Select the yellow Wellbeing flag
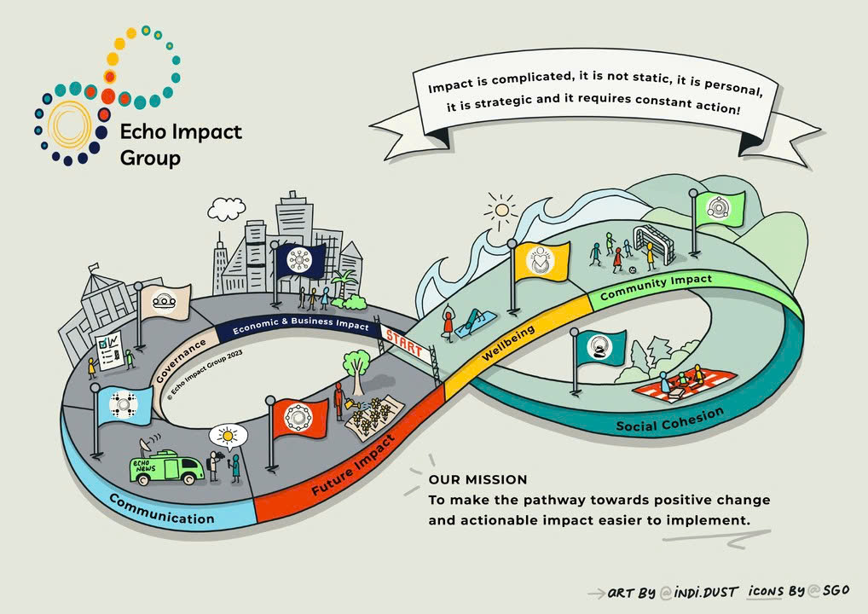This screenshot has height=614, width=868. pyautogui.click(x=541, y=261)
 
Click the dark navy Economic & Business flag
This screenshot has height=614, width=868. pyautogui.click(x=300, y=260)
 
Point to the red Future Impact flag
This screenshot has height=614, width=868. pyautogui.click(x=299, y=418)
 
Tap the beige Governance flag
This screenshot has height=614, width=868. pyautogui.click(x=165, y=303)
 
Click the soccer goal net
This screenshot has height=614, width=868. pyautogui.click(x=654, y=244)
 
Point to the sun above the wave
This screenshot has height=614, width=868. pyautogui.click(x=501, y=211)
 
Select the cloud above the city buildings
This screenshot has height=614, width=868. pyautogui.click(x=227, y=209)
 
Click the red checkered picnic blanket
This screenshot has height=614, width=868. pyautogui.click(x=684, y=387)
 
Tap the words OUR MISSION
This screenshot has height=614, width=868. pyautogui.click(x=477, y=479)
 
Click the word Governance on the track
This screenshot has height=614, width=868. pyautogui.click(x=181, y=361)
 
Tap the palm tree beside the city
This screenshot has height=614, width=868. pyautogui.click(x=344, y=283)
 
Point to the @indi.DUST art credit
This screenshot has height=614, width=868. pyautogui.click(x=698, y=593)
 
